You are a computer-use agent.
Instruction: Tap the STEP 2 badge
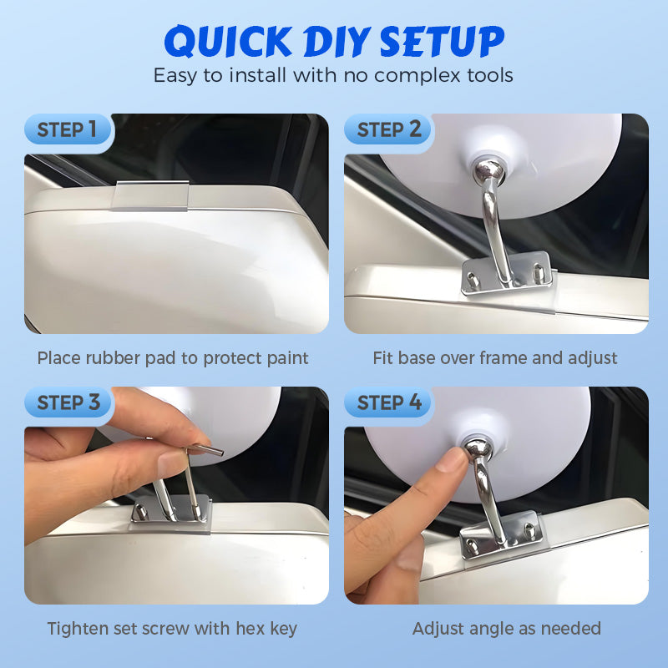click(x=389, y=130)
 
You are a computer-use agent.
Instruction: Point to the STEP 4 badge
click(x=389, y=403)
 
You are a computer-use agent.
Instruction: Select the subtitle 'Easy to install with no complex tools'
click(x=333, y=75)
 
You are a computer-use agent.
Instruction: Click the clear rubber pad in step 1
click(x=151, y=195)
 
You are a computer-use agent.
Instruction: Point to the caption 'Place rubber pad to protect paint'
click(x=173, y=358)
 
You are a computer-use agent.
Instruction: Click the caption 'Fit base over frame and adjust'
click(x=495, y=358)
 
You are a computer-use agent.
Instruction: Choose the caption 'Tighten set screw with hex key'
click(x=172, y=628)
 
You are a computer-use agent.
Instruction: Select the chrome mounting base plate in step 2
click(x=508, y=276)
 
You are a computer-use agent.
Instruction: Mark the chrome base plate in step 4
click(x=498, y=537)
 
